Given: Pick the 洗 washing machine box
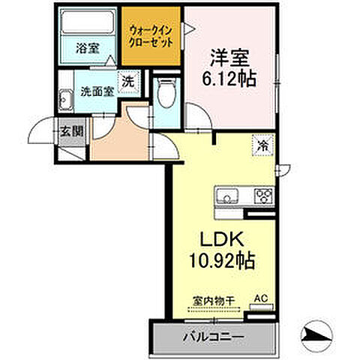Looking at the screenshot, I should point(128,82).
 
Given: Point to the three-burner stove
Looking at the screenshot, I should point(264,196).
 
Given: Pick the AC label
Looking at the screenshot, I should point(261,298).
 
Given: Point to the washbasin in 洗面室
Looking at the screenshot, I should point(67,97).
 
